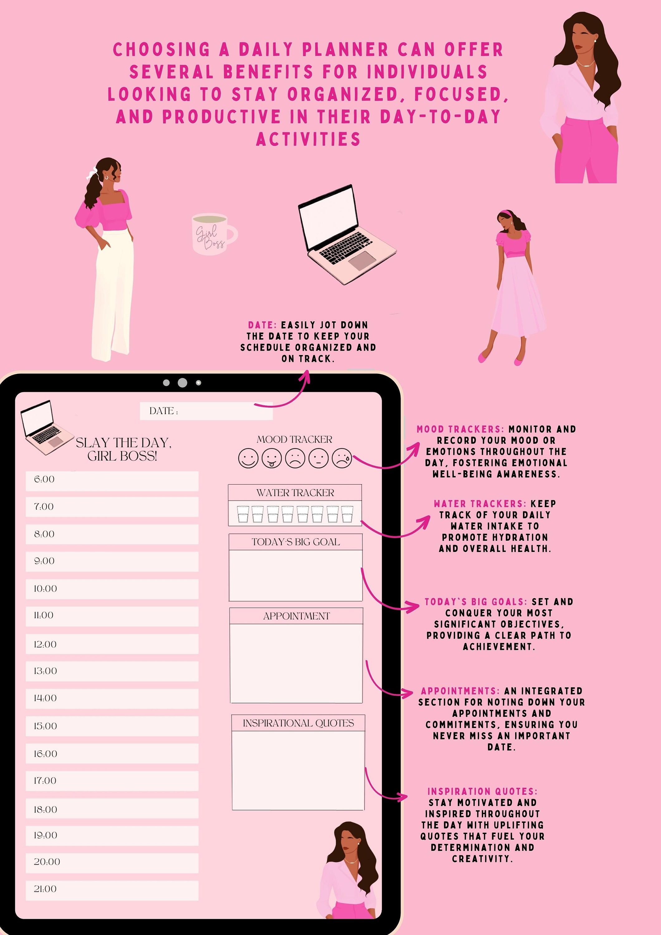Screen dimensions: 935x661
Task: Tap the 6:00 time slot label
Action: pos(44,479)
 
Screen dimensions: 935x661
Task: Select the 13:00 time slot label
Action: pos(45,671)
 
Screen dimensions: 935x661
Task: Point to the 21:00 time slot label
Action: pos(45,889)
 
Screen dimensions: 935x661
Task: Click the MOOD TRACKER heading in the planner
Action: pos(295,439)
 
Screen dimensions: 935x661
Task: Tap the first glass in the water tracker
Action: pos(243,514)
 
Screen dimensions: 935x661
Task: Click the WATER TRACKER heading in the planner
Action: pos(295,493)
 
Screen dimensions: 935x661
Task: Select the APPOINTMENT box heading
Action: pos(296,616)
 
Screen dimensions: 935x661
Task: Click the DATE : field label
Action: pos(163,411)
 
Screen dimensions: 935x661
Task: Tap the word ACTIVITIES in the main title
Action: pos(308,139)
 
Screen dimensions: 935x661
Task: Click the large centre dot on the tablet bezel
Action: pos(182,382)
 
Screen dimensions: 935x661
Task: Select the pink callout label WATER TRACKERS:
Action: pos(480,504)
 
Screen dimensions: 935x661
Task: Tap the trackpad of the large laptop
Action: pos(361,261)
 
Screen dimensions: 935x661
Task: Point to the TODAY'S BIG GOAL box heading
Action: pos(296,542)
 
